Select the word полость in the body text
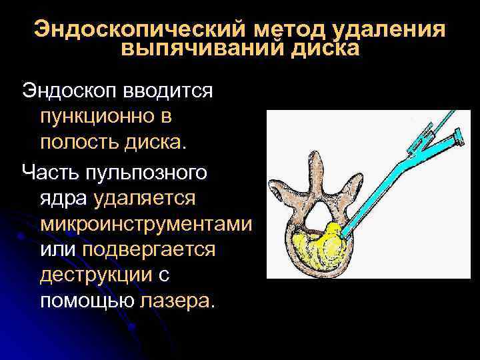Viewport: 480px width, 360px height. (78, 142)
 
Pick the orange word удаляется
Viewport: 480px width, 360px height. (145, 198)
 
